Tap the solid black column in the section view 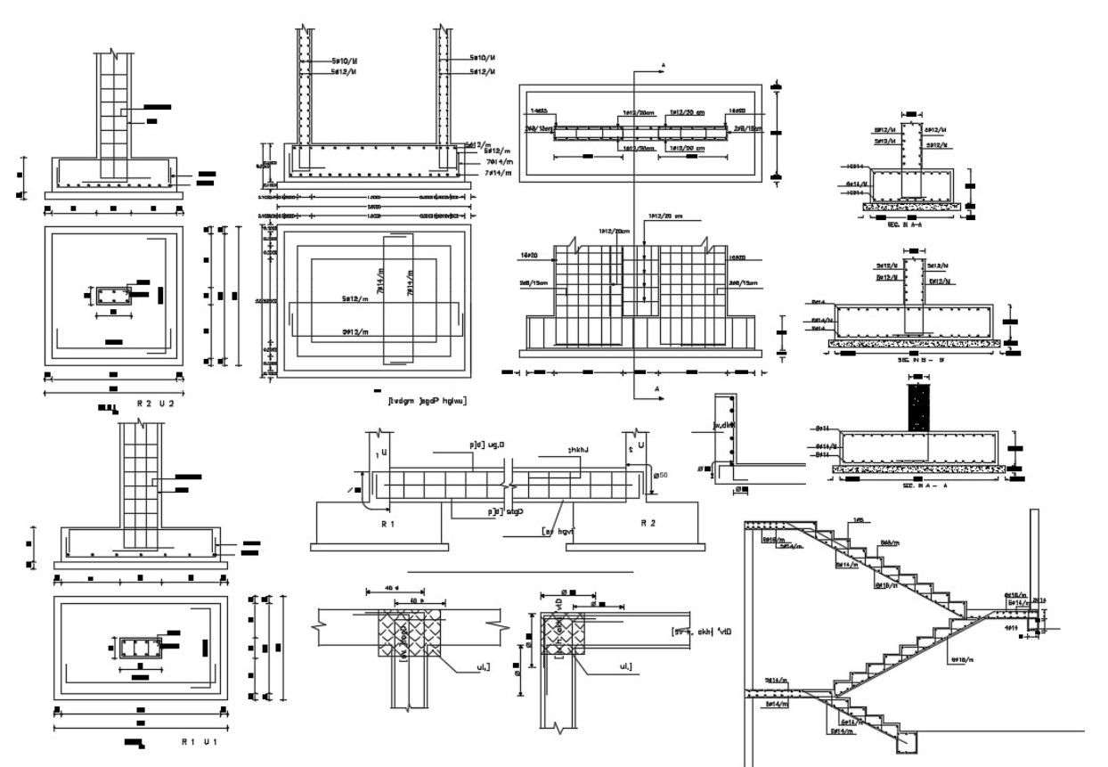tap(919, 409)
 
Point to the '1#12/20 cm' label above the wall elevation tap(665, 216)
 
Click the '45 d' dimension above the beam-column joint tap(390, 590)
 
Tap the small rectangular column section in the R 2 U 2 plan tap(112, 296)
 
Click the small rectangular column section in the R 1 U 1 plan tap(139, 648)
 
